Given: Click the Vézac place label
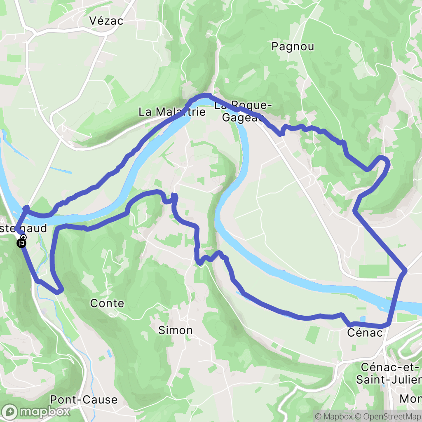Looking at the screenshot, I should pos(106,21).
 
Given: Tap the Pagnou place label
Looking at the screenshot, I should pos(293,47).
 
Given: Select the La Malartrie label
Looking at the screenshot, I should pos(171,112).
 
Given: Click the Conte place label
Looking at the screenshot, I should pos(107,303).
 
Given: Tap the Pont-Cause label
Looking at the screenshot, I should pos(84,399).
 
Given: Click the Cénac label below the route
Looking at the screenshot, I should pos(365,332).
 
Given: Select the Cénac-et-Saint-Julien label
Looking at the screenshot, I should pos(389,373).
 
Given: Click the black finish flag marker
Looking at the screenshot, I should pos(21,244).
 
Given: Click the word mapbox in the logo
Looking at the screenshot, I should pos(45,411).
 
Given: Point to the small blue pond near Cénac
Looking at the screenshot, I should pos(362,319).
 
